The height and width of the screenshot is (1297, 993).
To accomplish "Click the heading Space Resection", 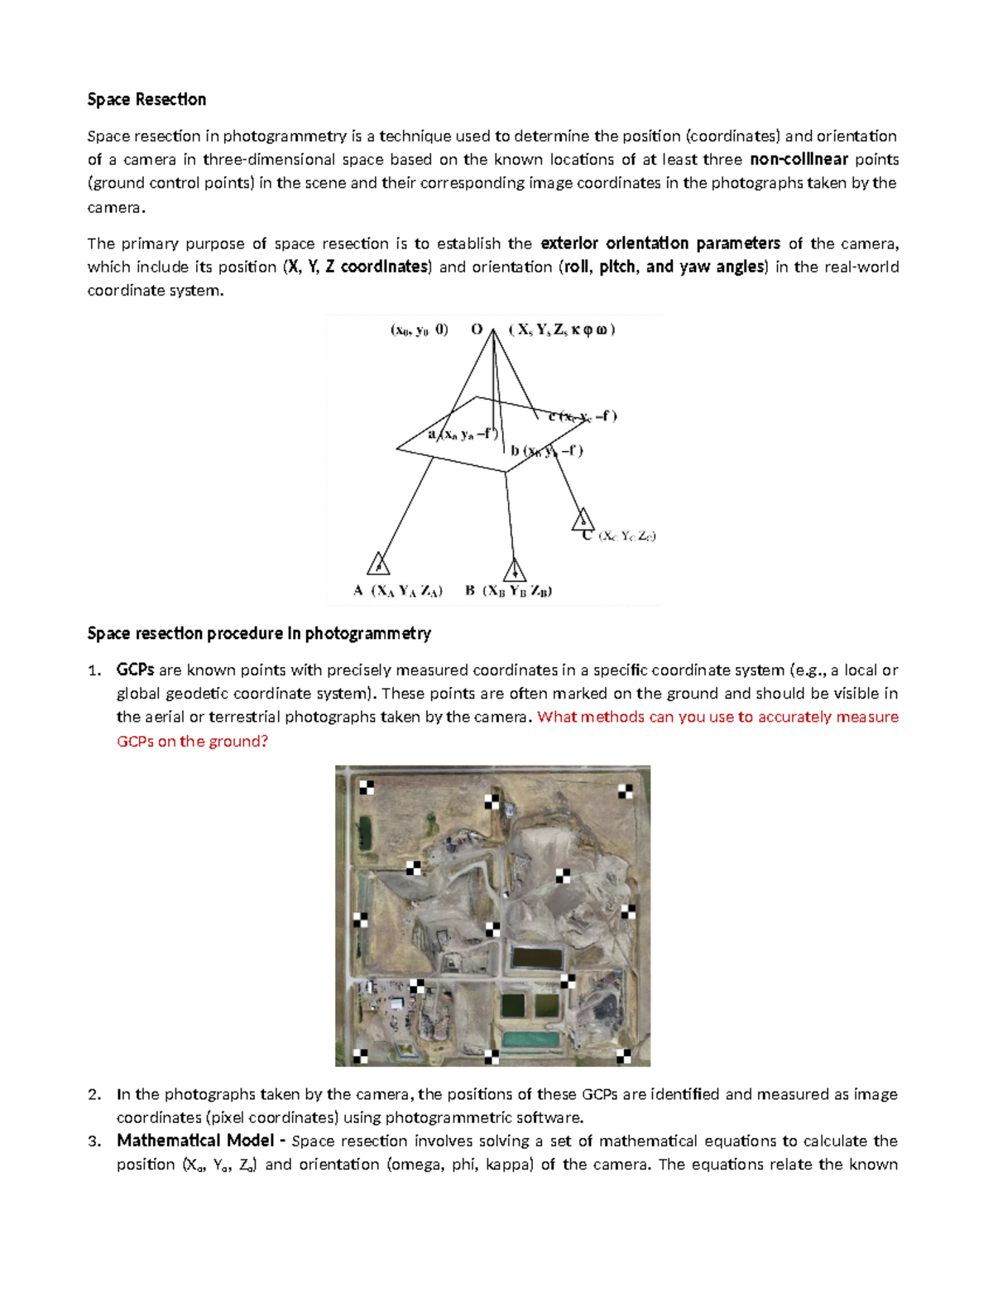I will [x=146, y=99].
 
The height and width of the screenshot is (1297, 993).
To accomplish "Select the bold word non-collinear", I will [x=798, y=160].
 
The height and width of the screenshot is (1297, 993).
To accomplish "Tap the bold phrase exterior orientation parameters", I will [x=660, y=243].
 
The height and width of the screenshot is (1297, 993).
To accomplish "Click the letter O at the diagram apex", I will [x=477, y=329].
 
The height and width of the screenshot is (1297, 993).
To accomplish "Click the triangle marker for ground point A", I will [x=378, y=564].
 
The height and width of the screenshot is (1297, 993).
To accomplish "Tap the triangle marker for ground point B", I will [x=515, y=569].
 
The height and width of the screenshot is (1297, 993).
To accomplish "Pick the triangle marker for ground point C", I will [x=583, y=520].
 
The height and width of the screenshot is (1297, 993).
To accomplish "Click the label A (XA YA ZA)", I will [x=398, y=591].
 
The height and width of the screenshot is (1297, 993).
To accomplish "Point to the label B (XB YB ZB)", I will [x=508, y=591].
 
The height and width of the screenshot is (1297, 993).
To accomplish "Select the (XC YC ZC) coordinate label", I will [x=626, y=536].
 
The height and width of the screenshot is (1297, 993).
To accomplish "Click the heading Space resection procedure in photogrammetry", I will [x=259, y=633].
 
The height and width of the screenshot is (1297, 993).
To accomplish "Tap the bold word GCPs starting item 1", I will [x=135, y=670].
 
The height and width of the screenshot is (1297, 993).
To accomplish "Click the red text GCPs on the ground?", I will [x=192, y=741].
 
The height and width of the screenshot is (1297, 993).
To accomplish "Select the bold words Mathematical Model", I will [x=195, y=1141].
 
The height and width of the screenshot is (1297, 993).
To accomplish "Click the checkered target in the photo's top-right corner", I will [x=626, y=791].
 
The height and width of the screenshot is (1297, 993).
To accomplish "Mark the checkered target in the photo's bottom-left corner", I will [x=360, y=1055].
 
